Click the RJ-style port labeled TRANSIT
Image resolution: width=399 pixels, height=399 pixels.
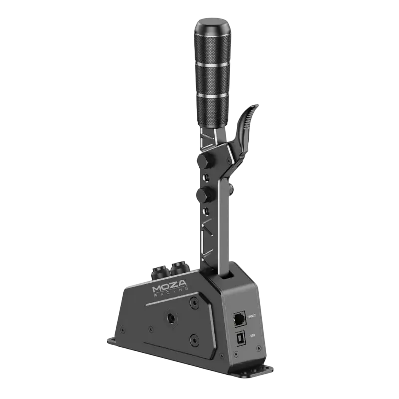(239, 317)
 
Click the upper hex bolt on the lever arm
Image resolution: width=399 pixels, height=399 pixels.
(203, 160)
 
